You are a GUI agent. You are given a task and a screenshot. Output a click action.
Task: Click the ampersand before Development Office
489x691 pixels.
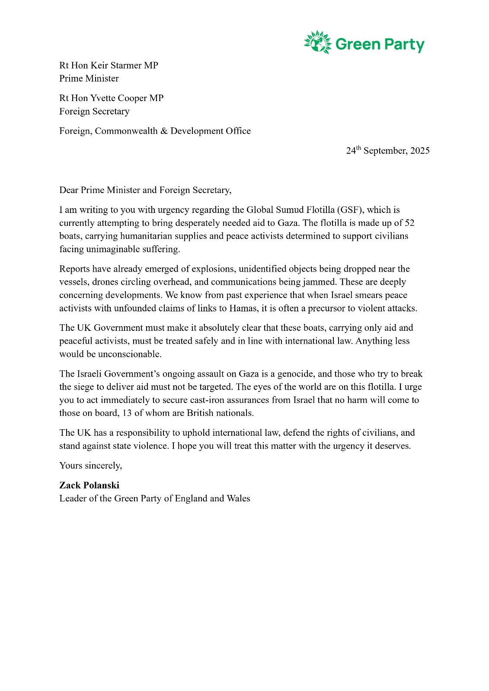pyautogui.click(x=164, y=131)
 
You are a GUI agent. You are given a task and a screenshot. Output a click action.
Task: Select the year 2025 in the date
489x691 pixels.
pyautogui.click(x=420, y=151)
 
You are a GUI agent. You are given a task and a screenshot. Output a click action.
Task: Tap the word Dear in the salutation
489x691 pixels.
pyautogui.click(x=69, y=190)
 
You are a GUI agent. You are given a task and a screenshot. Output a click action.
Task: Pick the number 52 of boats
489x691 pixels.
pyautogui.click(x=409, y=223)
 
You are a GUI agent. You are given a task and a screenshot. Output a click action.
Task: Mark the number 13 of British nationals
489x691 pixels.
pyautogui.click(x=127, y=413)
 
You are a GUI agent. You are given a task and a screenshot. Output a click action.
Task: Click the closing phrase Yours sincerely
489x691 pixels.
pyautogui.click(x=90, y=466)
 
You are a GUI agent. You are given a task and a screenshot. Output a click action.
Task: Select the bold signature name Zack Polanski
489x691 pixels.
pyautogui.click(x=89, y=485)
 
